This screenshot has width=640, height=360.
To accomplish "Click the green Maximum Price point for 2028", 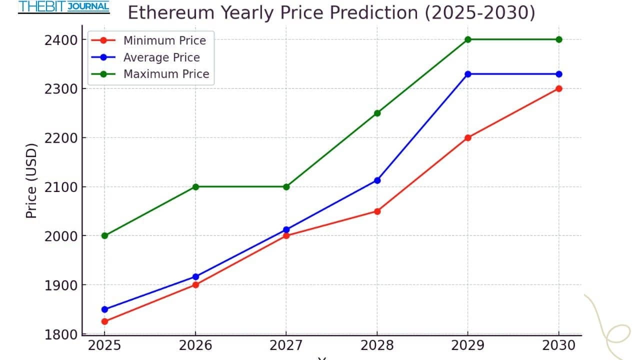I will tap(377, 113).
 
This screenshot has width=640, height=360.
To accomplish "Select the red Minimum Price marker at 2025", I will tap(104, 321).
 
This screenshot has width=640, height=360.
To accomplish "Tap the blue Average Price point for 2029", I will tap(468, 74).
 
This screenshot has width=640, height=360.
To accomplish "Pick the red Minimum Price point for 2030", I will tap(559, 88).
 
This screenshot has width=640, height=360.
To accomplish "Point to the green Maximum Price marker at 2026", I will tap(195, 187).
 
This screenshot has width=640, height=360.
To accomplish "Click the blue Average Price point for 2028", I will tap(377, 180).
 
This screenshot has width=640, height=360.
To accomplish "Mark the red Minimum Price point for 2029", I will tap(468, 137).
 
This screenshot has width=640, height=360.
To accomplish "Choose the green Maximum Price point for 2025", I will tap(104, 235).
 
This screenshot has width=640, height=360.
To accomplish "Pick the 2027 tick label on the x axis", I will tap(286, 345).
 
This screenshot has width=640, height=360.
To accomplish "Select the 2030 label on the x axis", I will tap(559, 345).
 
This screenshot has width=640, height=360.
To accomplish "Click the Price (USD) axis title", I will tap(31, 181).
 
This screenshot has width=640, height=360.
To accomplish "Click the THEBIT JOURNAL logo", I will tap(63, 7).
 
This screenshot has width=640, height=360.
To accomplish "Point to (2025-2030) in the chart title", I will tap(480, 12).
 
